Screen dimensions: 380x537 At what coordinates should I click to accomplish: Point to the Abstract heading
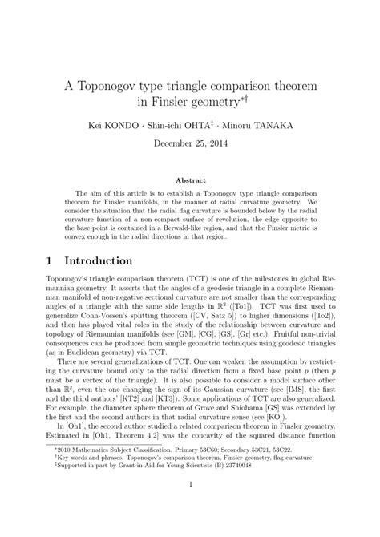[x=190, y=181]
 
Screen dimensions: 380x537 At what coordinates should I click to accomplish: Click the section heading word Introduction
[x=99, y=262]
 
